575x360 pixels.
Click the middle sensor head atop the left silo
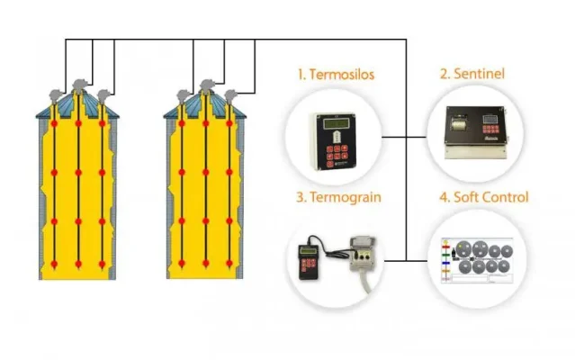(78, 86)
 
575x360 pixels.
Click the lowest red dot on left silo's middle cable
(78, 264)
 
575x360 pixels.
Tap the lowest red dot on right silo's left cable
(183, 263)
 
